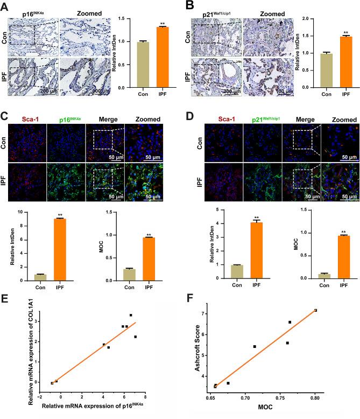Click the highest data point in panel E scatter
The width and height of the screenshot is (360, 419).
(131, 315)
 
